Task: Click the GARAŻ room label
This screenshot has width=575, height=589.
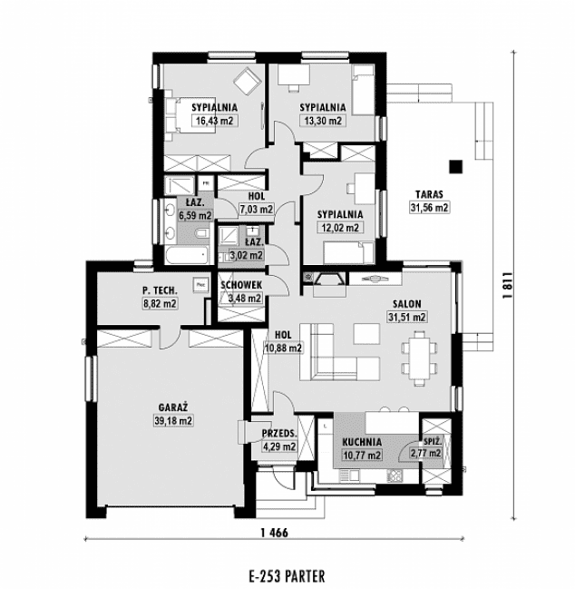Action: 173,407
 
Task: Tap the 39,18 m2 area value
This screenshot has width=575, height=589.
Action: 173,421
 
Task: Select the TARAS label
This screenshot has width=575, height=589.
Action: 429,194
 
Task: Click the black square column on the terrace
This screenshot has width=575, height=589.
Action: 456,166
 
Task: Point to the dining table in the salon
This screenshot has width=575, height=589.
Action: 419,358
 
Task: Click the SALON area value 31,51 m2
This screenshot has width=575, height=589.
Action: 407,317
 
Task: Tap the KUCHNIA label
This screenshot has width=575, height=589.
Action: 362,442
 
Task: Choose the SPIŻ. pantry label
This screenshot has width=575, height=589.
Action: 433,441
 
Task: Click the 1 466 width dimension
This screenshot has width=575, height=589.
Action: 275,533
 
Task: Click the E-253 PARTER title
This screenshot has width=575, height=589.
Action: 287,575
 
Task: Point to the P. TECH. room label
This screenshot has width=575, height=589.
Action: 160,290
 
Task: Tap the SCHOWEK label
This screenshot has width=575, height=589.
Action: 241,285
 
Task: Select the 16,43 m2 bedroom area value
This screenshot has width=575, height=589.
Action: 215,121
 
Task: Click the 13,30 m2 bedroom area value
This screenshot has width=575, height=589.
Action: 323,121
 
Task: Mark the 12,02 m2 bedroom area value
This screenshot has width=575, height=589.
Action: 340,227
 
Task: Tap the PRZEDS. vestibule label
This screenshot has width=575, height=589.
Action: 279,433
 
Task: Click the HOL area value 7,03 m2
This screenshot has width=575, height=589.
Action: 257,209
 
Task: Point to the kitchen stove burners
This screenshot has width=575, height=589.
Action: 395,476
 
